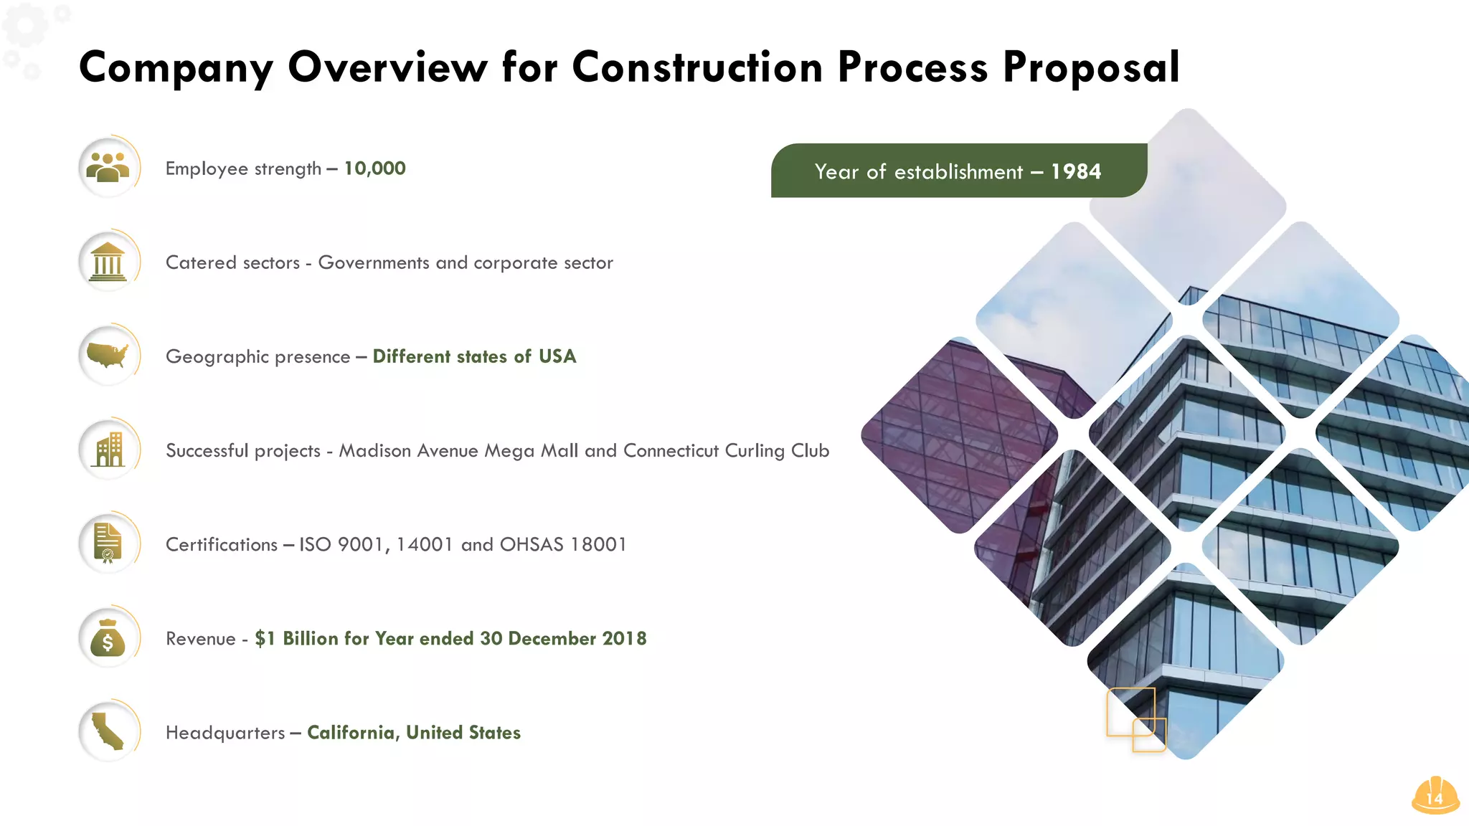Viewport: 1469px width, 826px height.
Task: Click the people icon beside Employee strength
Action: point(108,168)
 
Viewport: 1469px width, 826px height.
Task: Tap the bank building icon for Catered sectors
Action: point(108,262)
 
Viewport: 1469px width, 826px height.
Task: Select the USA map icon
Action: point(108,356)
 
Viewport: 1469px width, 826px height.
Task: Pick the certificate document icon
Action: point(108,543)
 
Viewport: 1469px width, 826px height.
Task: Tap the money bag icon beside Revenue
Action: point(108,637)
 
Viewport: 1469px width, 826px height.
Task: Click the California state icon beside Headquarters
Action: point(108,731)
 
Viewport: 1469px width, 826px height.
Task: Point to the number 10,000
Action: point(374,168)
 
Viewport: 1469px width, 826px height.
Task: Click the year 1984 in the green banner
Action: point(1076,171)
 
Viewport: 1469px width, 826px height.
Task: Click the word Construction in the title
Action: point(697,68)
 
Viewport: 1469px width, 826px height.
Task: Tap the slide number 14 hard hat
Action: point(1435,796)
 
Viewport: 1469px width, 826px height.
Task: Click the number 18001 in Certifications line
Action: point(598,544)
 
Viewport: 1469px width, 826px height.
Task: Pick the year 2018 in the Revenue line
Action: point(624,638)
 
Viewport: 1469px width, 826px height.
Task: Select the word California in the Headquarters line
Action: point(351,732)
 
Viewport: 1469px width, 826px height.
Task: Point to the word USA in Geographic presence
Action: point(557,356)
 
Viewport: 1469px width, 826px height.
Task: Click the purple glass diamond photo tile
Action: point(959,435)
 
